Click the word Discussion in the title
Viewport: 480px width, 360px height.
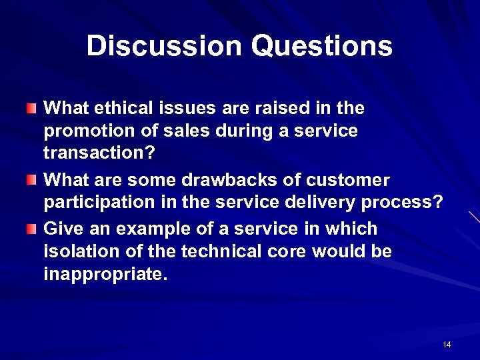pos(164,46)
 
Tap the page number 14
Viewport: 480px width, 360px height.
pos(446,344)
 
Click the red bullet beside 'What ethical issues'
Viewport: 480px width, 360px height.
pos(31,107)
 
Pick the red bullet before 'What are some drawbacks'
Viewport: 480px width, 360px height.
pos(31,180)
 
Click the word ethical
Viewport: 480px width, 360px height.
pos(120,107)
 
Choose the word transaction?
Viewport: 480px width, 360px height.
pos(99,154)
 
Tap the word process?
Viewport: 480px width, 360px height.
pos(409,203)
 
